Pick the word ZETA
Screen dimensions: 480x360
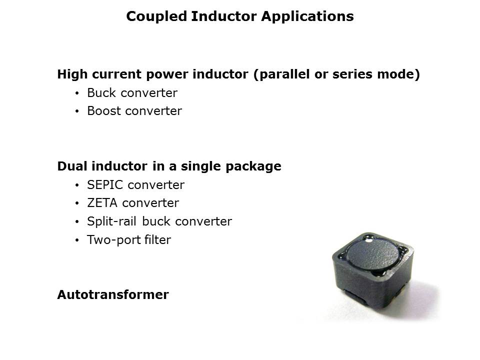pyautogui.click(x=102, y=203)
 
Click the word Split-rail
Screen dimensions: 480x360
pyautogui.click(x=111, y=221)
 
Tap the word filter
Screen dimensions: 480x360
pyautogui.click(x=157, y=239)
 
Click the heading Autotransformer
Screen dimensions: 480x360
pyautogui.click(x=113, y=295)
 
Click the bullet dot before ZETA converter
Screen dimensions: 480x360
pyautogui.click(x=77, y=203)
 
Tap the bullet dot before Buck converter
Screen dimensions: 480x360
pyautogui.click(x=77, y=93)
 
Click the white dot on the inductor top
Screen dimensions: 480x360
pyautogui.click(x=369, y=240)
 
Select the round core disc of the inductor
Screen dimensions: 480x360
pyautogui.click(x=373, y=255)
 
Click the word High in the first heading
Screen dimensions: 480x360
pyautogui.click(x=73, y=74)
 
